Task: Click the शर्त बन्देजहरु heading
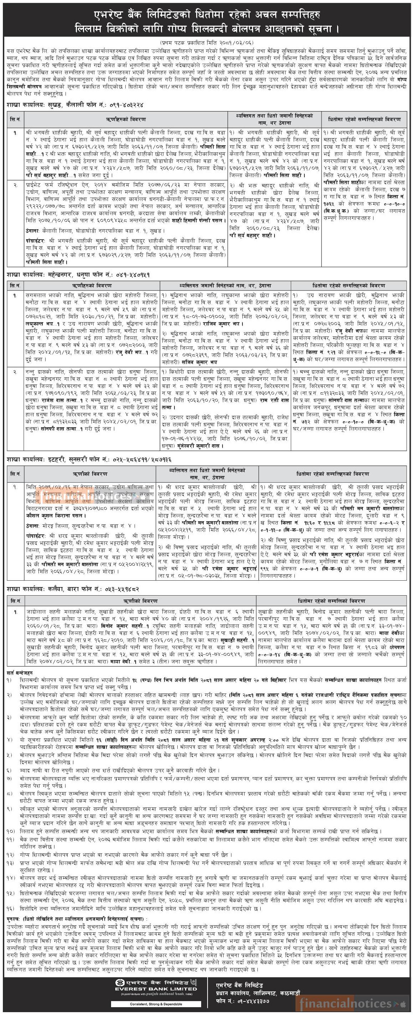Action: point(20,672)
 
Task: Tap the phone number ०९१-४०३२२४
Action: point(125,105)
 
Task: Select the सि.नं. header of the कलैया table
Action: point(16,601)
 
